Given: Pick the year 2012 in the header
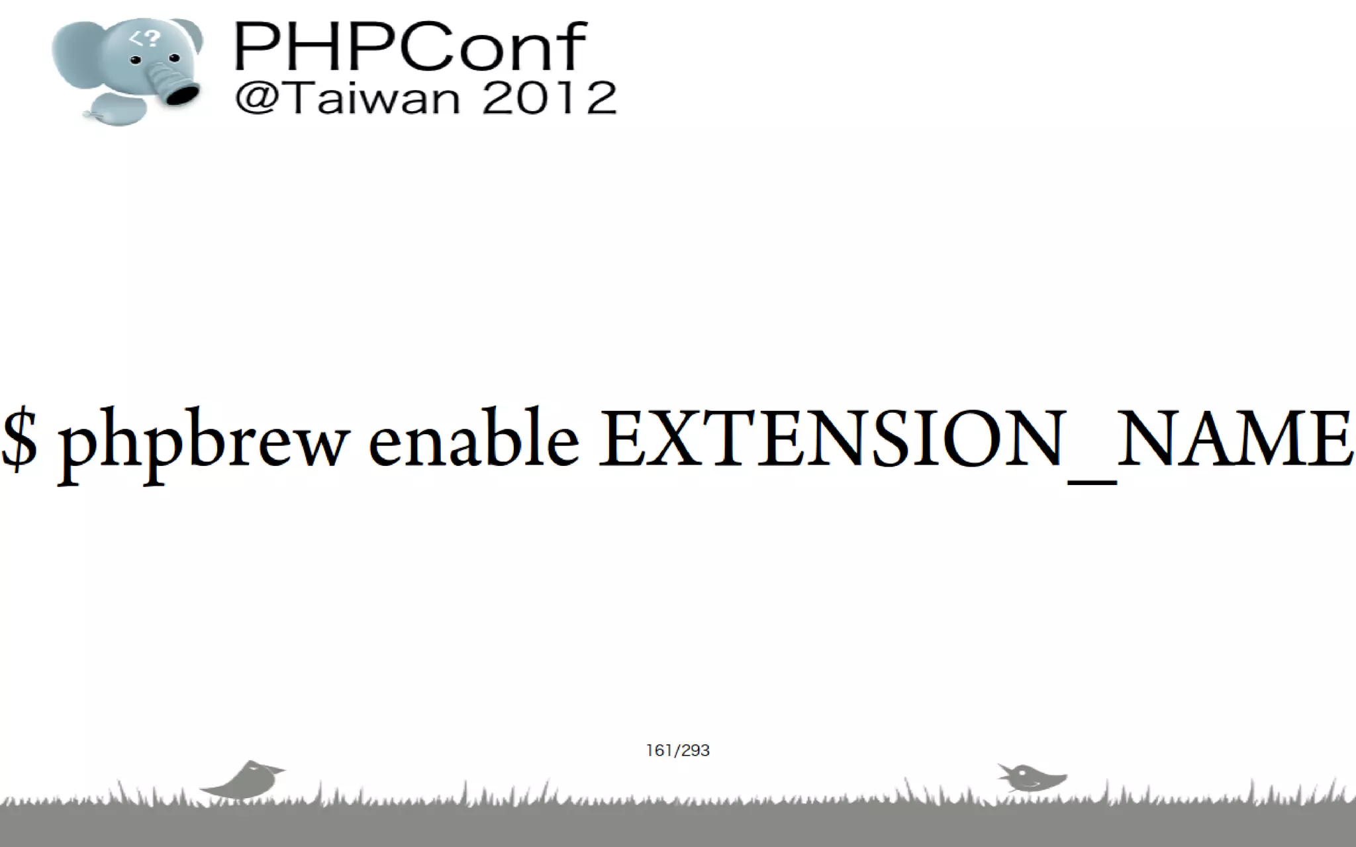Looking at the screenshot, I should (550, 99).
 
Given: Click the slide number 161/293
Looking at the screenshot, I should (677, 750).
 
